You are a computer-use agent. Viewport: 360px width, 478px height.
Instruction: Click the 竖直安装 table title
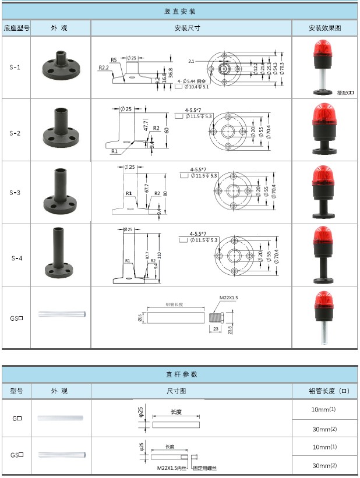pyautogui.click(x=180, y=11)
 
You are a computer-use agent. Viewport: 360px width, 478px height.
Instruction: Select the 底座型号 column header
pyautogui.click(x=16, y=28)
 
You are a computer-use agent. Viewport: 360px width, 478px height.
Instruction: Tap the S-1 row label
pyautogui.click(x=16, y=67)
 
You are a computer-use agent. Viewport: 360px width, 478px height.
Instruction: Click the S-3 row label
pyautogui.click(x=16, y=192)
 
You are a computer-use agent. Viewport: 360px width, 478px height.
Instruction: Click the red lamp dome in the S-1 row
pyautogui.click(x=324, y=55)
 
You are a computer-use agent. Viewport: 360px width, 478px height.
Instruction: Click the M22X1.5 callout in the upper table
pyautogui.click(x=228, y=298)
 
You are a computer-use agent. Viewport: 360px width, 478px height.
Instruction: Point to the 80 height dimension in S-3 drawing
pyautogui.click(x=165, y=193)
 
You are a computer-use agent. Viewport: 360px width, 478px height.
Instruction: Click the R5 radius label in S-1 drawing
pyautogui.click(x=114, y=60)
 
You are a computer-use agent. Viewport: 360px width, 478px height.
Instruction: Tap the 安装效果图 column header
pyautogui.click(x=324, y=28)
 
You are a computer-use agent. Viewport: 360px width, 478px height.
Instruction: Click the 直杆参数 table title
pyautogui.click(x=180, y=374)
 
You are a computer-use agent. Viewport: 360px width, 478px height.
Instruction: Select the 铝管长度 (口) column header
pyautogui.click(x=324, y=391)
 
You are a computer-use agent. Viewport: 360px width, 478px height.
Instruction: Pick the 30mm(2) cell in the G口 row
pyautogui.click(x=324, y=429)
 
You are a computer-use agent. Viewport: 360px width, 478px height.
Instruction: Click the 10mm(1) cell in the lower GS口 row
pyautogui.click(x=324, y=447)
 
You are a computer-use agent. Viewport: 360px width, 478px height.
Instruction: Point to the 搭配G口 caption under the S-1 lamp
pyautogui.click(x=345, y=92)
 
